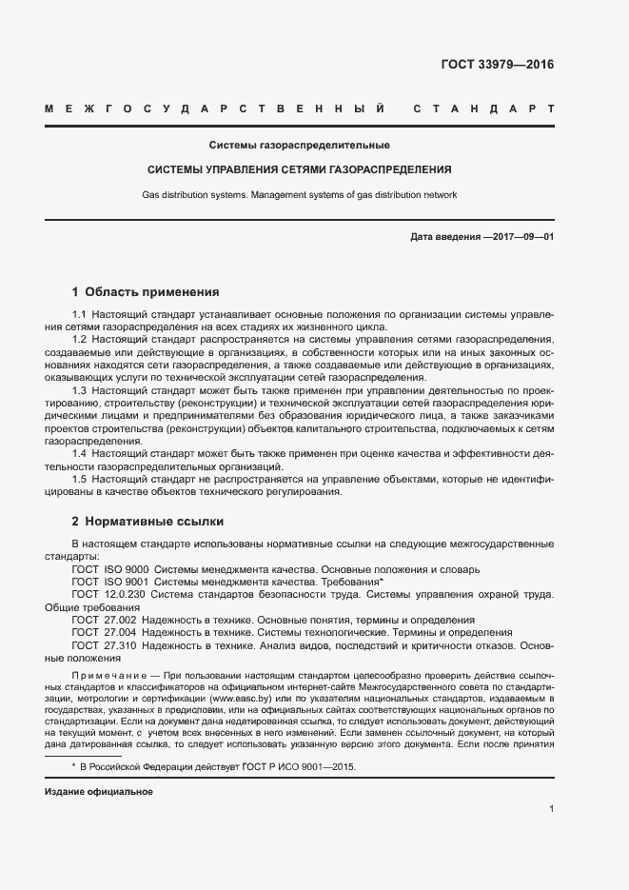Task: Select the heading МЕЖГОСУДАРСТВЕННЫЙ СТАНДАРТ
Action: coord(300,109)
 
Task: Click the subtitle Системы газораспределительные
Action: coord(300,145)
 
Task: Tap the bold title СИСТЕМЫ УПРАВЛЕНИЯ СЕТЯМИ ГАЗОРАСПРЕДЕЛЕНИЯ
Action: coord(300,169)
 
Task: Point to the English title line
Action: coord(300,194)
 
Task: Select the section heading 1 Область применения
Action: coord(146,292)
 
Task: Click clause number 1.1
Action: coord(80,315)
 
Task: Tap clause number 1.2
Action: coord(80,340)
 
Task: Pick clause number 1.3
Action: coord(80,391)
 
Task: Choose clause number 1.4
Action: coord(80,454)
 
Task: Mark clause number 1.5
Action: coord(80,480)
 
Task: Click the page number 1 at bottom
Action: coord(551,808)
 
